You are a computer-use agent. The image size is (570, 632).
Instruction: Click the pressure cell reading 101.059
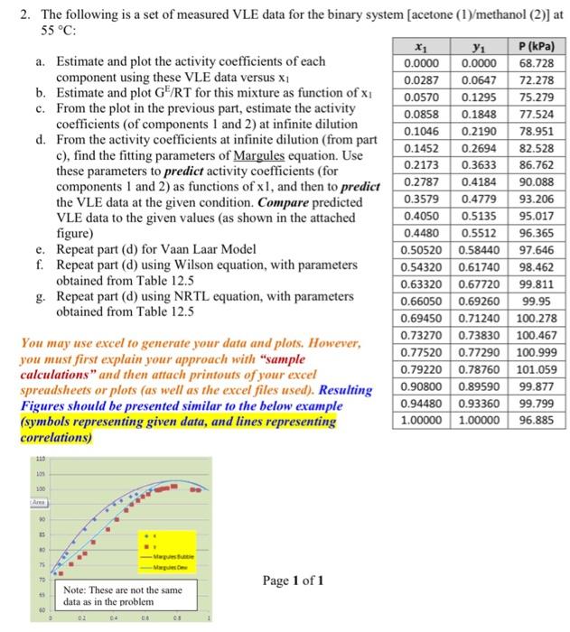pos(537,368)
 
